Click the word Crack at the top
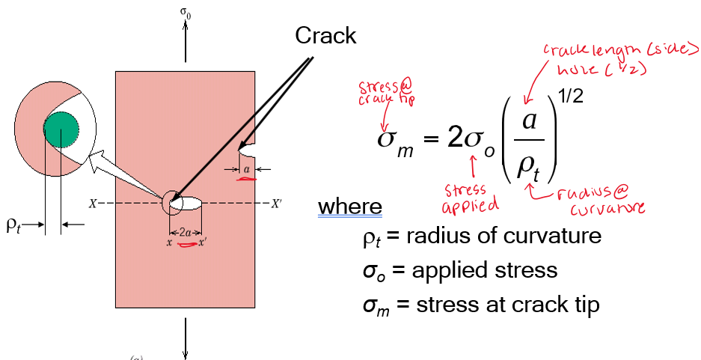pyautogui.click(x=325, y=34)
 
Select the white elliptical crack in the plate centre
pyautogui.click(x=187, y=202)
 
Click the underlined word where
pyautogui.click(x=349, y=206)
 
